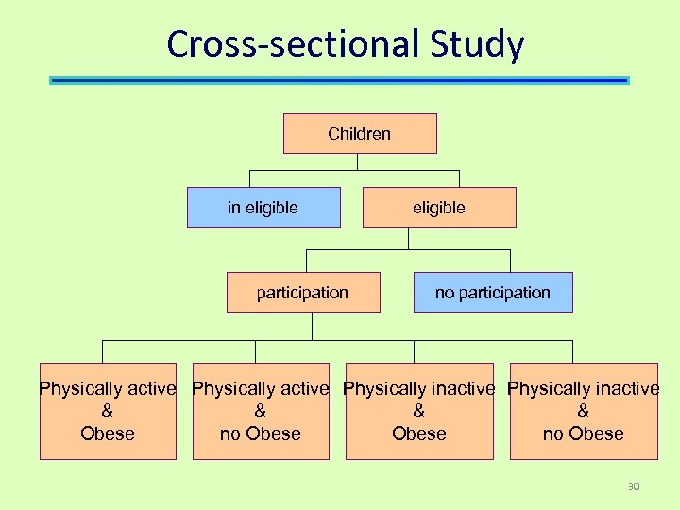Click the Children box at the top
pos(360,133)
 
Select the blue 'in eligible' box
pos(263,207)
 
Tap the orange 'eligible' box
pos(439,207)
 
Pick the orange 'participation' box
pos(302,292)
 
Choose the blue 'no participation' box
pos(492,292)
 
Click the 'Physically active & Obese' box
pos(108,411)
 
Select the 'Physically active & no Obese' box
pos(261,411)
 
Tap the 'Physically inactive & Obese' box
pos(418,411)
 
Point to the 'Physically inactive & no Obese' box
pos(583,411)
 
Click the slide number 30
pos(633,486)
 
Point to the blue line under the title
pos(339,81)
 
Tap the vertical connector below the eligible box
pos(408,238)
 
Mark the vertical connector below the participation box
pos(312,326)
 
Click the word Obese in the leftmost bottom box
pos(108,433)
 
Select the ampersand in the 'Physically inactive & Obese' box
pos(418,411)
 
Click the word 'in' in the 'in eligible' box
pos(234,207)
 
